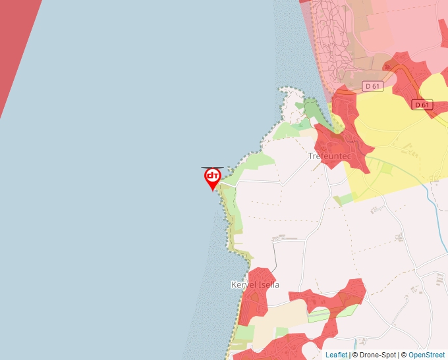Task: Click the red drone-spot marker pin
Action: [x=212, y=177]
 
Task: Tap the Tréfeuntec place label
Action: [x=327, y=157]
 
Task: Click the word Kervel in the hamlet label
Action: [x=243, y=285]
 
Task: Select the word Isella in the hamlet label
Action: [x=268, y=285]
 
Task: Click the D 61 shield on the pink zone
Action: [x=372, y=86]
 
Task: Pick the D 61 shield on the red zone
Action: [x=422, y=105]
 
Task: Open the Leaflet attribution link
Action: [x=336, y=355]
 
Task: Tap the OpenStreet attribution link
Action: [x=426, y=355]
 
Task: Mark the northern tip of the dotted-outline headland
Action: [x=287, y=89]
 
